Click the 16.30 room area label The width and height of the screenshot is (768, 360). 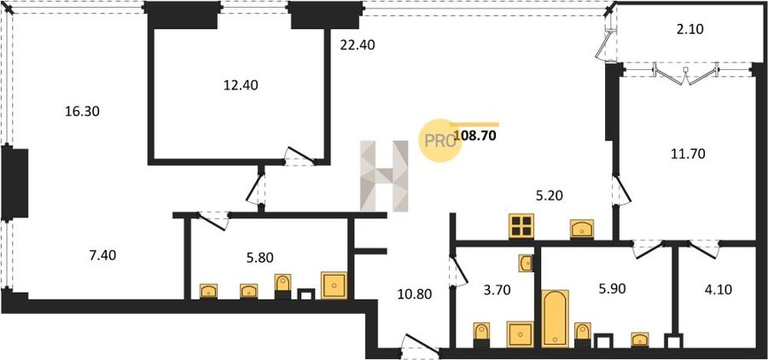pyautogui.click(x=82, y=112)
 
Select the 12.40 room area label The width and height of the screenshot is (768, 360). pyautogui.click(x=241, y=85)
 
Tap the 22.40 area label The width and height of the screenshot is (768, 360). pyautogui.click(x=357, y=45)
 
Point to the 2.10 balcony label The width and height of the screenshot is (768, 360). pyautogui.click(x=689, y=29)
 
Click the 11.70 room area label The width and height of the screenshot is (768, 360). pyautogui.click(x=688, y=154)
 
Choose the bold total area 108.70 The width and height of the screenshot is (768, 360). pyautogui.click(x=474, y=136)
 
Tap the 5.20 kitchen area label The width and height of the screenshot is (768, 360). pyautogui.click(x=549, y=196)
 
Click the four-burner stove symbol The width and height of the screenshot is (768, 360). pyautogui.click(x=521, y=226)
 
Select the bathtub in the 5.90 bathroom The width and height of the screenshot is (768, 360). pyautogui.click(x=556, y=318)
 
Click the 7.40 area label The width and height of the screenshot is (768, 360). pyautogui.click(x=102, y=255)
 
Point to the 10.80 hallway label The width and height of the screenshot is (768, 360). pyautogui.click(x=415, y=295)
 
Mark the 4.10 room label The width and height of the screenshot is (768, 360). pyautogui.click(x=718, y=290)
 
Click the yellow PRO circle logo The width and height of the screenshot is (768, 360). pyautogui.click(x=439, y=141)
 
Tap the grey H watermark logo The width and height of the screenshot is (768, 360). pyautogui.click(x=385, y=177)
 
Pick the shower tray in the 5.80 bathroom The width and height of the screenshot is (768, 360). pyautogui.click(x=335, y=285)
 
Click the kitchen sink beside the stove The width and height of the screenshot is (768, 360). pyautogui.click(x=582, y=229)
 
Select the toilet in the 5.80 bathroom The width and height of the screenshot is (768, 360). pyautogui.click(x=282, y=287)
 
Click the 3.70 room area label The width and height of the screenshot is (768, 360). pyautogui.click(x=497, y=290)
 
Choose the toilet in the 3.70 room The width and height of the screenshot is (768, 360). pyautogui.click(x=481, y=335)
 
